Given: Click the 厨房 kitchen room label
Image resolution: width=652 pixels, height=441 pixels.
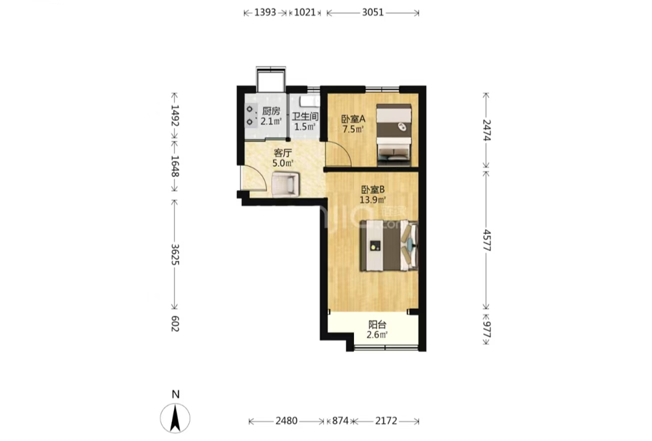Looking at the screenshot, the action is pos(271,111).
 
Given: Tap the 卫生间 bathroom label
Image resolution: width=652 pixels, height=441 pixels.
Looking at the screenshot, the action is pos(305,117).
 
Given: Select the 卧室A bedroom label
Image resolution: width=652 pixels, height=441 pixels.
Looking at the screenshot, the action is pos(353,119).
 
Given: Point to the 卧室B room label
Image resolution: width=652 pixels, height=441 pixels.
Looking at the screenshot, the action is pos(373,190).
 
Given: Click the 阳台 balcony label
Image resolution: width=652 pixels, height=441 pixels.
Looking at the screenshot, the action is pos(377,325).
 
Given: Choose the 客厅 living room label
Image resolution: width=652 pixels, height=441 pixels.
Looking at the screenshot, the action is pos(283,153).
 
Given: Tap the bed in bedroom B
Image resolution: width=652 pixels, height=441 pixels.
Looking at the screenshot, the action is pos(389,246).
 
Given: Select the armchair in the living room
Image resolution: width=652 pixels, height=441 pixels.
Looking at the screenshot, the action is pos(285,184).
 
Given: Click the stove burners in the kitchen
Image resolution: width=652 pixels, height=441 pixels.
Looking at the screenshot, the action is pos(249,116).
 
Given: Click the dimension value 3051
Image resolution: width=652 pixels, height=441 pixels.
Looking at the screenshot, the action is pos(373,12).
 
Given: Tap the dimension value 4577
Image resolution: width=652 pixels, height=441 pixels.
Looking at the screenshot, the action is pos(487,240).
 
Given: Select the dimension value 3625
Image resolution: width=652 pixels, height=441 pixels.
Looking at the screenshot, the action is pos(175,254).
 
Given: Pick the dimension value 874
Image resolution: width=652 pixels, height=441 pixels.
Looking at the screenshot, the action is pos(340,421).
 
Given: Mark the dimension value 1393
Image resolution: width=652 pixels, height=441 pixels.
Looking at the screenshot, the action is pos(265,12).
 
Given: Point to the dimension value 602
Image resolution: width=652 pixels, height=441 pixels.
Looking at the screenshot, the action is pos(175,324).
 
